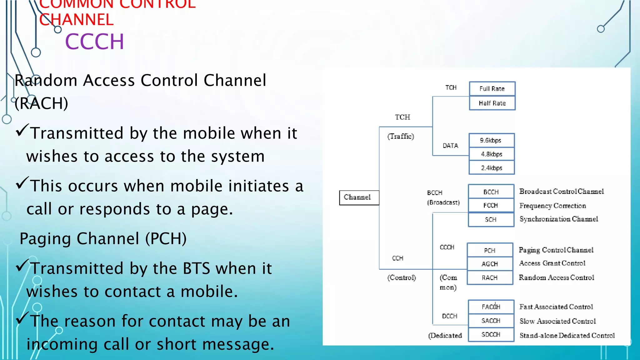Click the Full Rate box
coord(492,89)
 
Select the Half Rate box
coord(492,103)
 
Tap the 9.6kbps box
coord(491,140)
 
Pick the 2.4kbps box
coord(491,168)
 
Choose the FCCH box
coord(491,205)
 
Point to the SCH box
coord(491,219)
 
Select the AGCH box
coord(490,264)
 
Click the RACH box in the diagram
coord(490,277)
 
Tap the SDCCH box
coord(491,334)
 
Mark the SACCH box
coord(491,321)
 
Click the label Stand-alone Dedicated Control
coord(567,335)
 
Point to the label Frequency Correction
coord(552,206)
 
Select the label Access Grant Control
coord(552,263)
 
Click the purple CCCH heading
coord(94,42)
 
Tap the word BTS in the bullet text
coord(196,268)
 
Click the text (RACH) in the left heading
coord(41,103)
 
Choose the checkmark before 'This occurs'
coord(22,183)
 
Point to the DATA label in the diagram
coord(450,146)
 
